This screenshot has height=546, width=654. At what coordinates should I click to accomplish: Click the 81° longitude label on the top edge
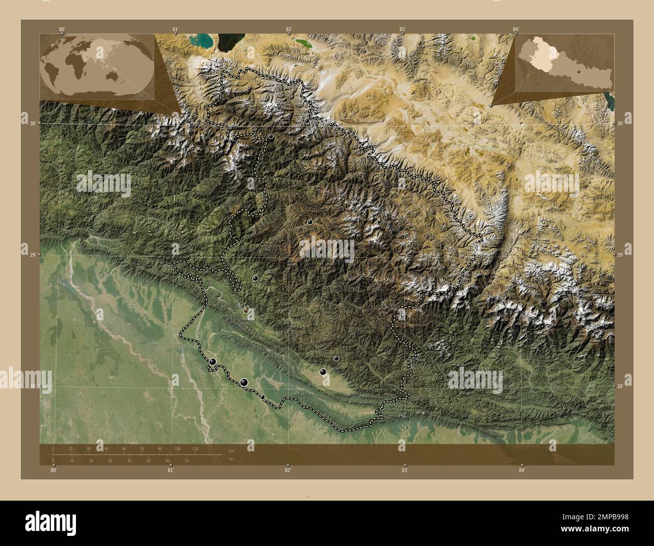176,29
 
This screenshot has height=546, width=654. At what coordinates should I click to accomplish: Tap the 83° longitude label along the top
402,29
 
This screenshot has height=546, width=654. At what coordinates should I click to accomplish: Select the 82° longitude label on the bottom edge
288,470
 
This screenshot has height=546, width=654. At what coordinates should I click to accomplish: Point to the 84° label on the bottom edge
522,470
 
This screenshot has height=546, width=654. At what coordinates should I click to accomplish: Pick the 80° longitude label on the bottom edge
54,470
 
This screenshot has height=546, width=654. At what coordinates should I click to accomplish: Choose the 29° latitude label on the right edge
620,256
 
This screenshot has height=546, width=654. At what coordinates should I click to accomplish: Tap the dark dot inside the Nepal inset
580,72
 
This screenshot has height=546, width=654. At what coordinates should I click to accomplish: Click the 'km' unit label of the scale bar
231,450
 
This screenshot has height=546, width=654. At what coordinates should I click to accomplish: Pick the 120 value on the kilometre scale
195,448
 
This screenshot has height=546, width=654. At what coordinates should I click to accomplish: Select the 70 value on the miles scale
186,460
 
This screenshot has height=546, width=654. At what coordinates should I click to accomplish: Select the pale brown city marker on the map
246,310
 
